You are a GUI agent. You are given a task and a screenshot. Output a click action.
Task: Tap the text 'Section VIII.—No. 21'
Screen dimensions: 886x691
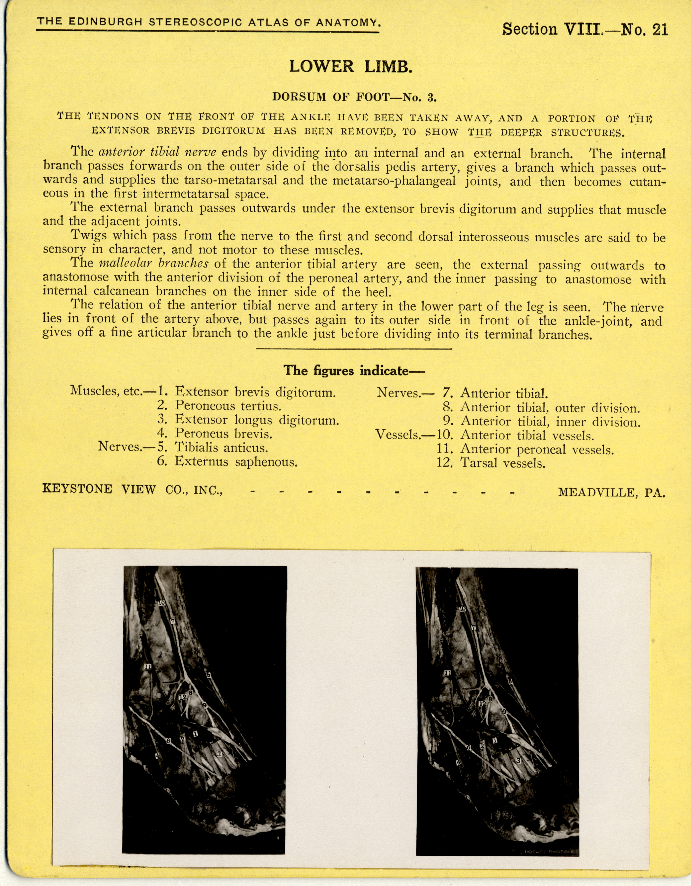coord(585,29)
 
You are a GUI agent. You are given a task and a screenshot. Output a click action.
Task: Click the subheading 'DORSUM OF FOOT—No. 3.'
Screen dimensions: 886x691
coord(354,97)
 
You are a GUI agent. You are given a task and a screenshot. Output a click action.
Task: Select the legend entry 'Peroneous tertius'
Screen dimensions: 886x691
coord(228,405)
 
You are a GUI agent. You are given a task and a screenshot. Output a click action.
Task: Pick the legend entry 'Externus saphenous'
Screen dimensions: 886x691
coord(236,462)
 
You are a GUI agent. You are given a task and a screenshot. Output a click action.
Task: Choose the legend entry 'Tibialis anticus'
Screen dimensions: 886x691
coord(221,448)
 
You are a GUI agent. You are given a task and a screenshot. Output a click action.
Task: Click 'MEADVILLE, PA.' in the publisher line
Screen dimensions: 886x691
coord(612,492)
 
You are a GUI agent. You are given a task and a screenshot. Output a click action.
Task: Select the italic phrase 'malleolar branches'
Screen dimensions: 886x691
coord(154,263)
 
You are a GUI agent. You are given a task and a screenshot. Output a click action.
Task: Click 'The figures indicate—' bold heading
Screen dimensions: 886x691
coord(354,370)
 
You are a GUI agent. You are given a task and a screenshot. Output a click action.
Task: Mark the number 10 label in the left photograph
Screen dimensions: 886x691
coord(162,603)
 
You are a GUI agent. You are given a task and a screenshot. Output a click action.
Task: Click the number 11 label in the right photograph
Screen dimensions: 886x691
coord(448,673)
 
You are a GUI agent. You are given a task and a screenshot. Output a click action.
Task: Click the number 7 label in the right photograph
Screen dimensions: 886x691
coord(473,627)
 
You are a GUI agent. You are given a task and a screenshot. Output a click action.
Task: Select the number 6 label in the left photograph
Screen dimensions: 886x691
coord(168,741)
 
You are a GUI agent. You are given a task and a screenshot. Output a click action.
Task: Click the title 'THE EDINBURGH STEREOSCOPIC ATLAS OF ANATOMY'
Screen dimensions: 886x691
coord(209,22)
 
